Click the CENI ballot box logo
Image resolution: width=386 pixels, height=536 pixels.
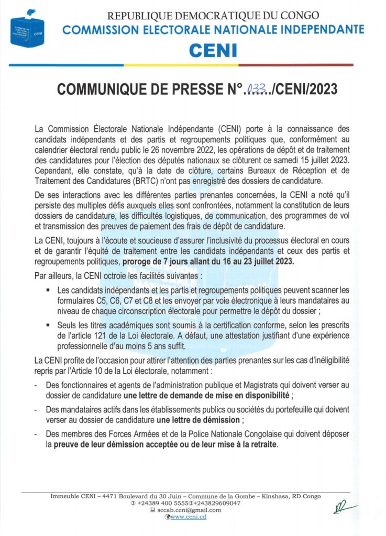click(x=27, y=30)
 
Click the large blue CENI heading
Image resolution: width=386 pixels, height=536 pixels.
click(x=213, y=50)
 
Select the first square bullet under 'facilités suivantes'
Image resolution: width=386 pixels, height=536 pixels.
click(x=47, y=289)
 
